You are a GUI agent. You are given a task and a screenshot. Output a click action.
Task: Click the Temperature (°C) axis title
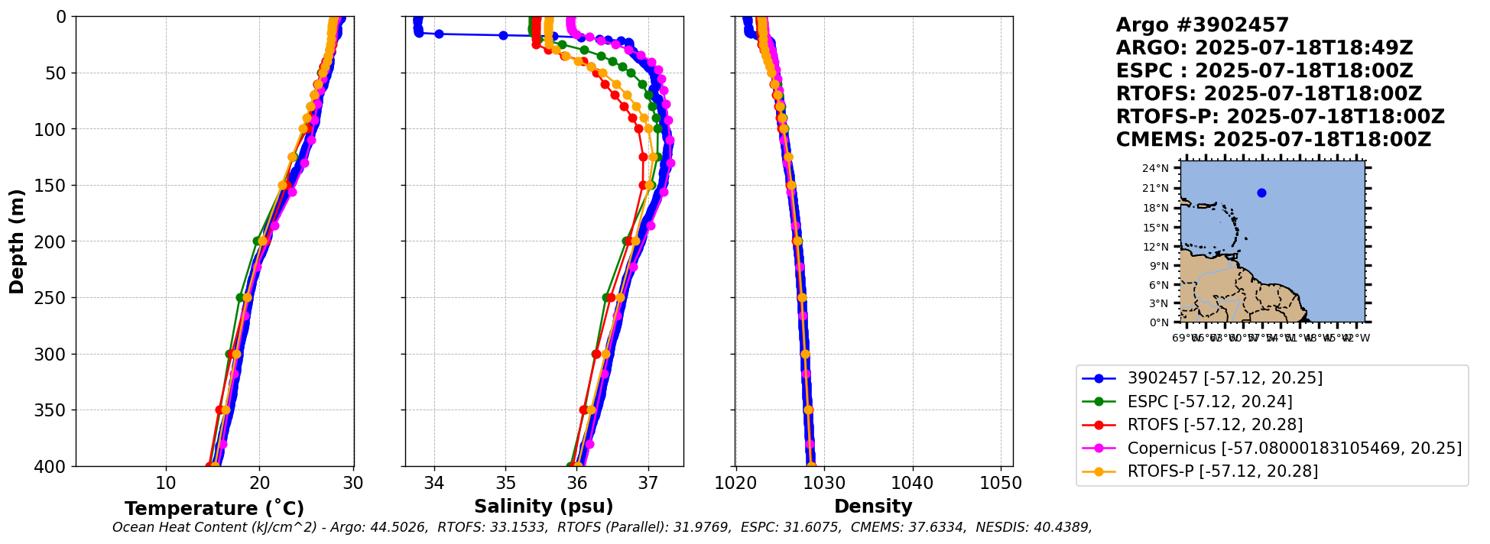point(214,509)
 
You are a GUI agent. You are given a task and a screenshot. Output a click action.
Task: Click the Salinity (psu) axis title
point(544,507)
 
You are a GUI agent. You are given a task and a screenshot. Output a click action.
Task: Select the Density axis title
point(873,507)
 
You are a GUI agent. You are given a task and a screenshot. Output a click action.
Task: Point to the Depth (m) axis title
point(17,241)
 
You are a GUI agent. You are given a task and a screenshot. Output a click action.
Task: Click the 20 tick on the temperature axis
point(260,484)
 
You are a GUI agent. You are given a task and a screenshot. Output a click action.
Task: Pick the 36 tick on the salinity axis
point(577,484)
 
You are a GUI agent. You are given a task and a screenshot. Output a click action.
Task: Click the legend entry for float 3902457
point(1224,378)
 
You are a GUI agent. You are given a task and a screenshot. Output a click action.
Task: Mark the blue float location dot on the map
point(1261,193)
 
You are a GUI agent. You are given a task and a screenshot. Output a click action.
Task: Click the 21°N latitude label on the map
point(1156,189)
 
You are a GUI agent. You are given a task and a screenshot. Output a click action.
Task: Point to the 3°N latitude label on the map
point(1159,304)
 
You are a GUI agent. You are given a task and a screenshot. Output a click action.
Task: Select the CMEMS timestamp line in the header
point(1273,140)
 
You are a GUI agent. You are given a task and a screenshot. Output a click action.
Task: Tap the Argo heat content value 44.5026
point(399,528)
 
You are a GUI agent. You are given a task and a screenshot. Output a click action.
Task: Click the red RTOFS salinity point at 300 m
point(596,354)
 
